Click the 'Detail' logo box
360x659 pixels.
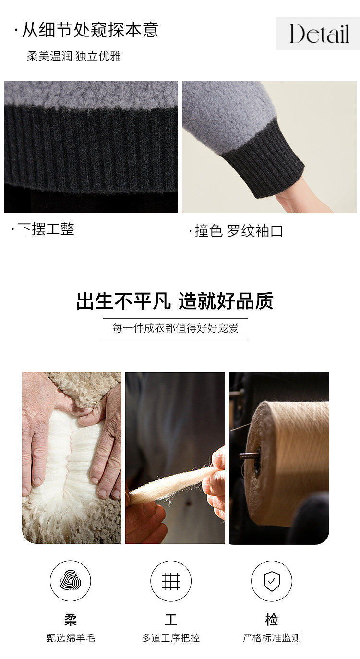(x=318, y=33)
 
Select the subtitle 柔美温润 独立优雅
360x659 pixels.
(x=74, y=56)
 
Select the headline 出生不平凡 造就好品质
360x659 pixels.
(x=175, y=300)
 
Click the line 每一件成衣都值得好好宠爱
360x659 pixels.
(x=175, y=328)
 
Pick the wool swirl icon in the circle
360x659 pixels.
(x=70, y=580)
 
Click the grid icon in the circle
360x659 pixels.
(x=171, y=581)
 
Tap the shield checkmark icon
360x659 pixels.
(x=272, y=581)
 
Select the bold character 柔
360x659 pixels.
(x=70, y=619)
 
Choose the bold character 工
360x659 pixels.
(x=171, y=619)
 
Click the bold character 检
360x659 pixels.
(x=272, y=619)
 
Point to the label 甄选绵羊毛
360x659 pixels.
(x=71, y=638)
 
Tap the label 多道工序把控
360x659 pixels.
(x=171, y=638)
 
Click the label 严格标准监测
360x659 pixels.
(x=272, y=638)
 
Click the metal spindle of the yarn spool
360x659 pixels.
(x=250, y=455)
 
